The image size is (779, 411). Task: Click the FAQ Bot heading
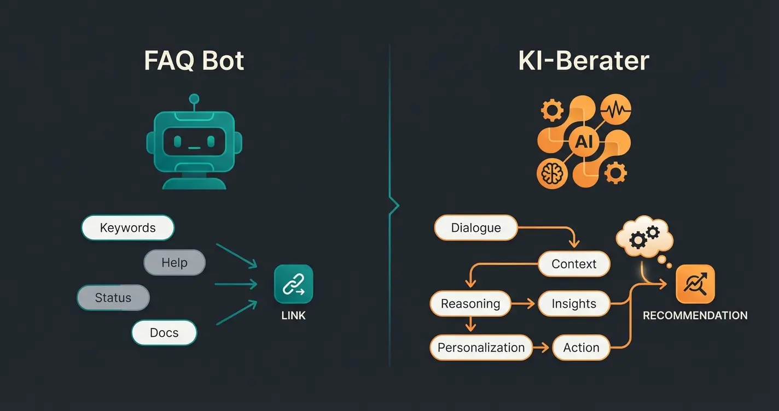click(194, 61)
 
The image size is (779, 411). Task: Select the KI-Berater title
click(584, 61)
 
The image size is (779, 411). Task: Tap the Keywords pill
click(127, 228)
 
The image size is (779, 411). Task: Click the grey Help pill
click(175, 263)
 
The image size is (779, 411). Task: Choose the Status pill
click(113, 298)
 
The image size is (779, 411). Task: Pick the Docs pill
click(164, 333)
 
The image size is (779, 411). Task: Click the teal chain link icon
click(294, 284)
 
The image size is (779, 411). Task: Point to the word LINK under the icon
click(294, 315)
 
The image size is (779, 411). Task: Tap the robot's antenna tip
click(194, 99)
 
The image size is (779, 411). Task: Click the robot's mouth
click(194, 148)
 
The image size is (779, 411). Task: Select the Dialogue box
click(475, 228)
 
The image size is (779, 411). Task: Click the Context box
click(574, 264)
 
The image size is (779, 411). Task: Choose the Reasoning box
click(470, 304)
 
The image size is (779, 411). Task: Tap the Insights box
click(574, 304)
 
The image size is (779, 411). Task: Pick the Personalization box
click(481, 348)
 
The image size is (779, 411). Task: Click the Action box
click(581, 348)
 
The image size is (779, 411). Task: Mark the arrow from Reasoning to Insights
click(524, 304)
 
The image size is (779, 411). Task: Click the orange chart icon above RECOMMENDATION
click(695, 284)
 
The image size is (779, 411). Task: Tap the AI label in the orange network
click(584, 142)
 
